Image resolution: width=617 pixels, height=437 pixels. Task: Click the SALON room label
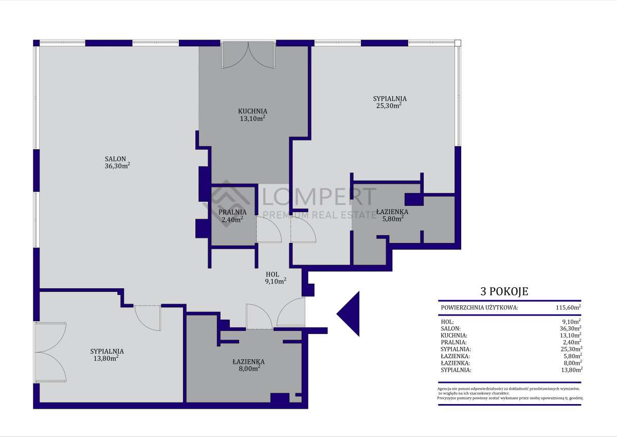[x=116, y=159]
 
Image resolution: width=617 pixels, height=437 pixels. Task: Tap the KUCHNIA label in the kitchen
[x=252, y=111]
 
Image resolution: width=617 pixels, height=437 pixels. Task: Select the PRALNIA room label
[x=232, y=212]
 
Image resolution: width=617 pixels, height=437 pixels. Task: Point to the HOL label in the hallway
[x=272, y=274]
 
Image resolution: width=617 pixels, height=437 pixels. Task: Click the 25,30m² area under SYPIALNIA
[x=389, y=106]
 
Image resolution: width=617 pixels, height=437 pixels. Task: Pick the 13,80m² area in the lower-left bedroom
[x=106, y=358]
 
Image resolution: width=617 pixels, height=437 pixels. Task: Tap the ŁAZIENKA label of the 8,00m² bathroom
[x=248, y=361]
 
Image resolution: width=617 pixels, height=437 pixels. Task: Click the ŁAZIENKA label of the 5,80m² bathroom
[x=392, y=212]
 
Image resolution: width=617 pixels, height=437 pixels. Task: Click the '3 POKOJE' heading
[x=504, y=292]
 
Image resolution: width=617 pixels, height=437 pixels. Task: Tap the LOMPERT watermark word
[x=319, y=197]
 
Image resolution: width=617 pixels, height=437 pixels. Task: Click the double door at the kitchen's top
[x=248, y=56]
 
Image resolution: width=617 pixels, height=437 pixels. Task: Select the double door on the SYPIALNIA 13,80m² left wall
[x=50, y=353]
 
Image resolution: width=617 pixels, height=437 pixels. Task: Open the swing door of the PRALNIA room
[x=269, y=230]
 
